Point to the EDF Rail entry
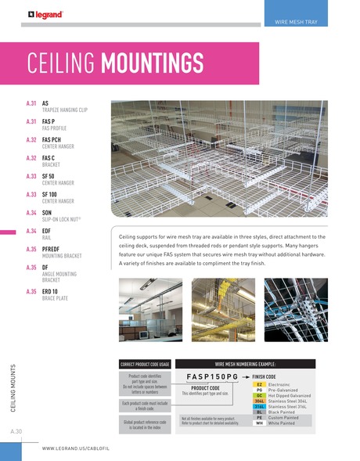pyautogui.click(x=47, y=233)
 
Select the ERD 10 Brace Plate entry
pyautogui.click(x=52, y=295)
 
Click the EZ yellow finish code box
pyautogui.click(x=257, y=385)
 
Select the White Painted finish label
pyautogui.click(x=283, y=423)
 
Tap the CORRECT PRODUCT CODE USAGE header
pyautogui.click(x=144, y=364)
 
